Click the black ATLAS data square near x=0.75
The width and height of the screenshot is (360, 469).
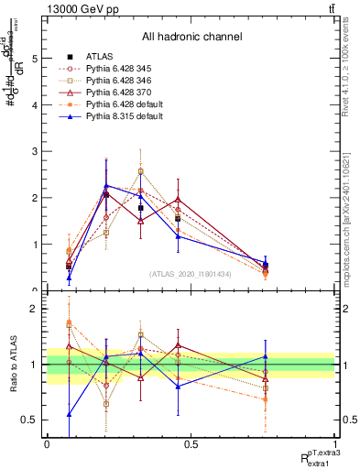click(265, 265)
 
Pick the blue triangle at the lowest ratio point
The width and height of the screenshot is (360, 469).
click(70, 414)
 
